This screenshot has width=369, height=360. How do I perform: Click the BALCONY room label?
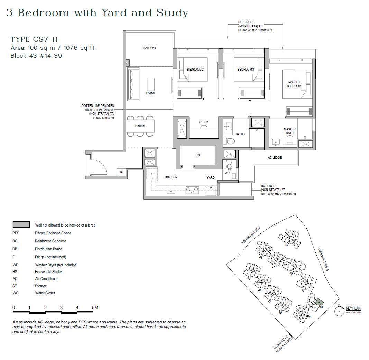[150, 48]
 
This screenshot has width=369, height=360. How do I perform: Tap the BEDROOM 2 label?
[195, 70]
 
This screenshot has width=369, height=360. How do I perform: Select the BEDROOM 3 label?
[246, 70]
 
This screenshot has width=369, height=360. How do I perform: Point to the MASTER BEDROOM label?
[294, 84]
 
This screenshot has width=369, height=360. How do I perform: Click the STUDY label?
[204, 122]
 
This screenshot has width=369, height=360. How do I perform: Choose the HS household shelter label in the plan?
[197, 155]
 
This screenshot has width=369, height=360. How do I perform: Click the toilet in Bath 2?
[230, 140]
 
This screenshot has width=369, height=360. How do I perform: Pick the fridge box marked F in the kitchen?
[151, 174]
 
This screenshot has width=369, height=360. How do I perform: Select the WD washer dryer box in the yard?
[211, 189]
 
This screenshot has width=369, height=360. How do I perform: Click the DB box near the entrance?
[121, 172]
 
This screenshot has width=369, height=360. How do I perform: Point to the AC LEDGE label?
[275, 158]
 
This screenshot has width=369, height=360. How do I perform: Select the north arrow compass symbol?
[339, 311]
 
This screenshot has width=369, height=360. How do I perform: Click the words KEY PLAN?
[353, 308]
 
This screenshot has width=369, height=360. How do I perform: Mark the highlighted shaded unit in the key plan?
[319, 302]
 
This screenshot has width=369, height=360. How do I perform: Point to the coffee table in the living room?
[151, 84]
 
